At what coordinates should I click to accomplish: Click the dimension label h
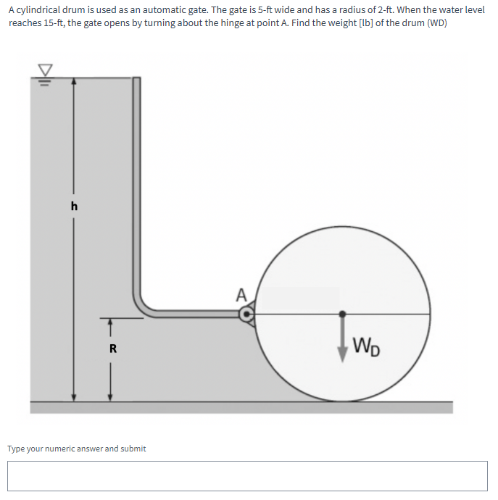(73, 206)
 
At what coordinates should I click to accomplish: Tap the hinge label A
(241, 295)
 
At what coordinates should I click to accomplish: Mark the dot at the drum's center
(342, 314)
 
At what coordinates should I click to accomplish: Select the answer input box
(248, 475)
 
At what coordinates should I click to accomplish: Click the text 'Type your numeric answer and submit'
(77, 449)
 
